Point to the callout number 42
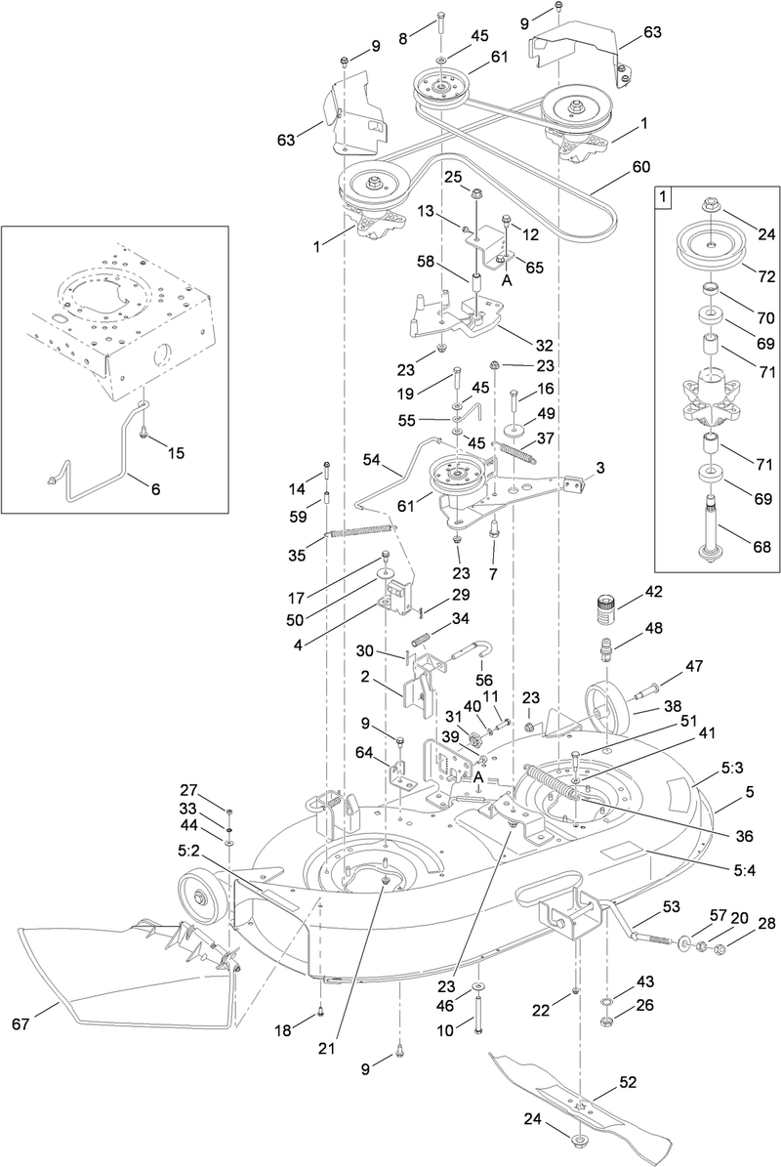coord(652,592)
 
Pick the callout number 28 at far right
coord(765,924)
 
